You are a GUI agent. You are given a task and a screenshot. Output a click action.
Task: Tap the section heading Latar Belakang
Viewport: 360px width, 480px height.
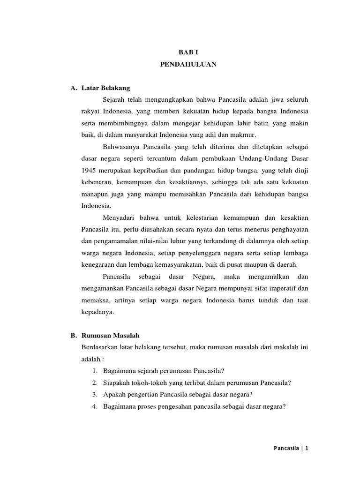coord(105,88)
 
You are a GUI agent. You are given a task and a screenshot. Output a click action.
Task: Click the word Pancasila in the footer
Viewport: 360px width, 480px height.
coord(287,448)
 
